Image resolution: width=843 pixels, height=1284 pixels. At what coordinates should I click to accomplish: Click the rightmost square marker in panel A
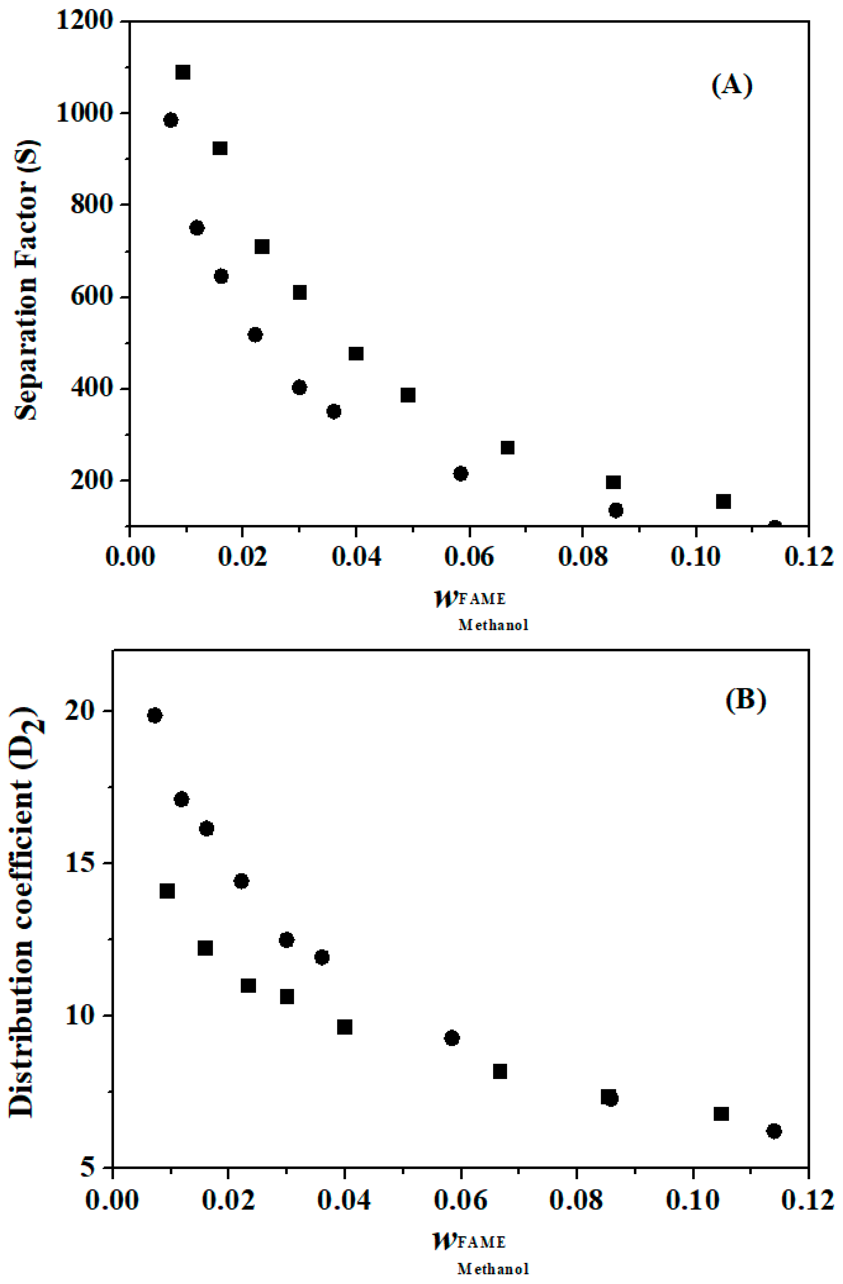pos(723,501)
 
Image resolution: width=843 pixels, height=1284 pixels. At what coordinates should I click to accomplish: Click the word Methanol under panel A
pos(493,625)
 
